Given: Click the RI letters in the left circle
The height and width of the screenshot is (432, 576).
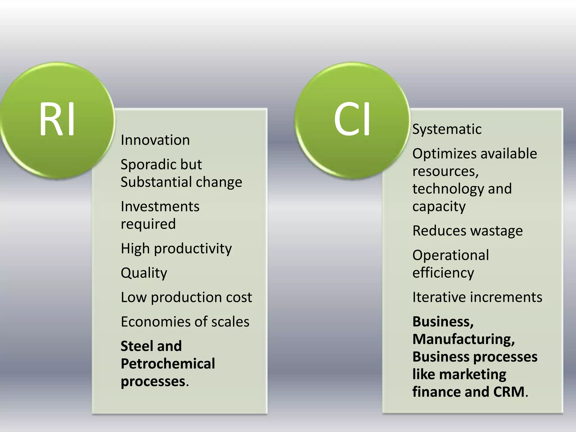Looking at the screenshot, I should [57, 119].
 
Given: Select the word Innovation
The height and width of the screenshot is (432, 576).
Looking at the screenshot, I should [155, 140].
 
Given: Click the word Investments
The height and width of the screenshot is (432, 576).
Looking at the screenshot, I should [160, 207].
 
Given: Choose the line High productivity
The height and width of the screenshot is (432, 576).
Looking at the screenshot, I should [176, 249].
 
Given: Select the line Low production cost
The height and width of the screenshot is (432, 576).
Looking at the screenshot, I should [186, 298].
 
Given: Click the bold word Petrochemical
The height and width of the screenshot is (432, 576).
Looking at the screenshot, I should [168, 364].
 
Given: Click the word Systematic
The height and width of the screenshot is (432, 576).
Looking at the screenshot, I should [447, 129].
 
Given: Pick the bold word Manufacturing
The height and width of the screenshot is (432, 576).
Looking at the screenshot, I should [463, 339].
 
